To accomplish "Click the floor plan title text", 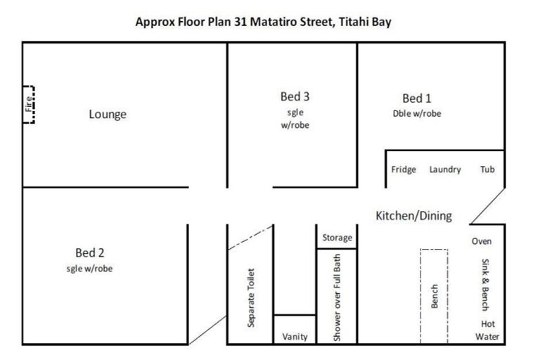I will point(263,22).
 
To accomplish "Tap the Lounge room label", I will point(108,114).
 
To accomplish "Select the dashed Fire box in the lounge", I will point(29,104).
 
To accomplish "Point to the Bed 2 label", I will point(89,252).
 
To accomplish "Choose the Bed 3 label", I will point(295,96).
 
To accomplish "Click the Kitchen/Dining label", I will point(413,215).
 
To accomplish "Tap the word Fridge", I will point(404,169).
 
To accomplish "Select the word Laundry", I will point(445,169).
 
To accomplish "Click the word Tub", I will point(487,169).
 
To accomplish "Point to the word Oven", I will point(482,241).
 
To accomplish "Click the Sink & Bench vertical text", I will point(484,285).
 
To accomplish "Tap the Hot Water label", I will point(487,330).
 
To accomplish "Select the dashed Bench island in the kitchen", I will point(434,295).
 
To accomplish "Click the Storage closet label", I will point(337,238).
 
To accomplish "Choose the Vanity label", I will point(295,337).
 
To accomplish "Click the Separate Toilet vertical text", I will point(251,297).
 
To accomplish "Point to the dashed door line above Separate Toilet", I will point(250,238).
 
